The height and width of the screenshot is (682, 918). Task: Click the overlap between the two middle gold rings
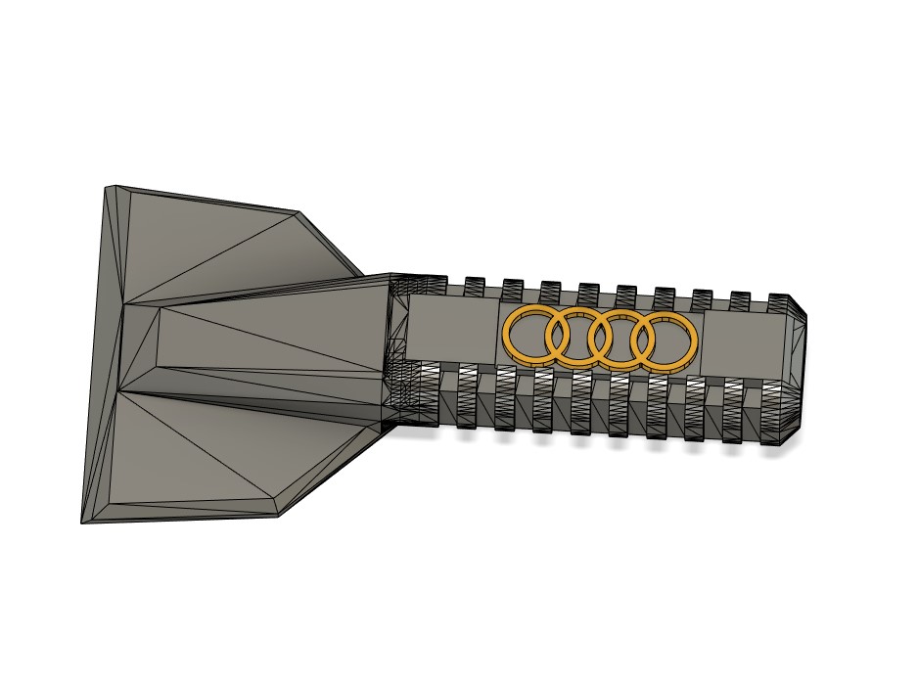599,338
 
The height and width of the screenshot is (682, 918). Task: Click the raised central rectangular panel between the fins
264,342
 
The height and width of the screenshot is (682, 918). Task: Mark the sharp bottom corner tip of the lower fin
83,521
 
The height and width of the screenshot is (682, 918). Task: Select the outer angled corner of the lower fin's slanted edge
279,514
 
